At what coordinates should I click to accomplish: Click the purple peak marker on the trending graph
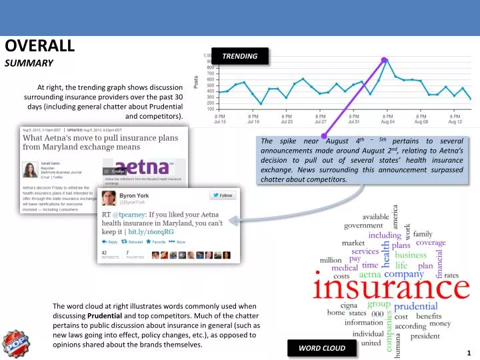[385, 60]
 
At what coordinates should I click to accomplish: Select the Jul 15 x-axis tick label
[220, 119]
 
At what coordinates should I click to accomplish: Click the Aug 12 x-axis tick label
[455, 119]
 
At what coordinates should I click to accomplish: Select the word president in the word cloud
[425, 337]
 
